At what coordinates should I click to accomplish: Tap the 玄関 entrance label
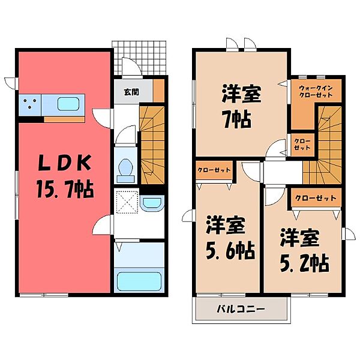pyautogui.click(x=131, y=92)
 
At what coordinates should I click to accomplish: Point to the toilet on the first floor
pyautogui.click(x=126, y=169)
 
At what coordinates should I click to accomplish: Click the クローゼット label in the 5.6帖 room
pyautogui.click(x=214, y=170)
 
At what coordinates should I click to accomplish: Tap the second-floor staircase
pyautogui.click(x=329, y=144)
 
